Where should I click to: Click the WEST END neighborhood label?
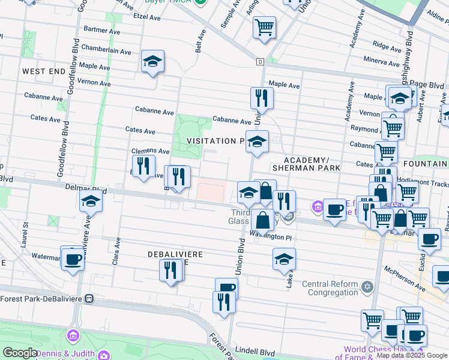[x=43, y=71]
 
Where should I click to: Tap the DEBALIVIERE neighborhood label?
[x=175, y=255]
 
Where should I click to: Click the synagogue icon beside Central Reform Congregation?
[x=364, y=284]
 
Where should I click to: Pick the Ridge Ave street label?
[x=382, y=44]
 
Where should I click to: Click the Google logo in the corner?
[x=20, y=353]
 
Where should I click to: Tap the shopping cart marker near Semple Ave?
[x=264, y=27]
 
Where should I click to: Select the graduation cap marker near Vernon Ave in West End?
[x=153, y=61]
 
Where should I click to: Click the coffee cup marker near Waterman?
[x=73, y=259]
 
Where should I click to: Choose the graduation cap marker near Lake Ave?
[x=285, y=259]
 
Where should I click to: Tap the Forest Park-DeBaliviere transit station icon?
[x=89, y=298]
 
